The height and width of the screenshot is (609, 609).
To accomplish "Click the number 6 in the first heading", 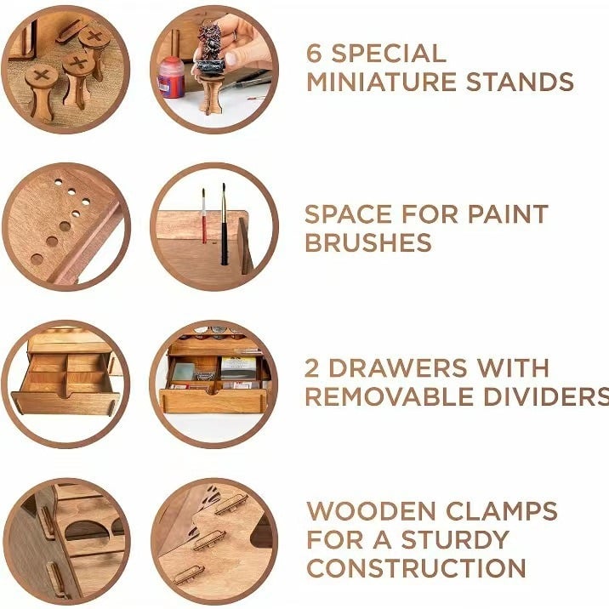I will point(315,53).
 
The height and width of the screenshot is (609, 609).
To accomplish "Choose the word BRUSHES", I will point(368,243).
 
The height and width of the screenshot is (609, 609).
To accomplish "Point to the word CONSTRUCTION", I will point(417,568).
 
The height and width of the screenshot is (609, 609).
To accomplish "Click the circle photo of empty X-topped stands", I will point(65,69).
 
